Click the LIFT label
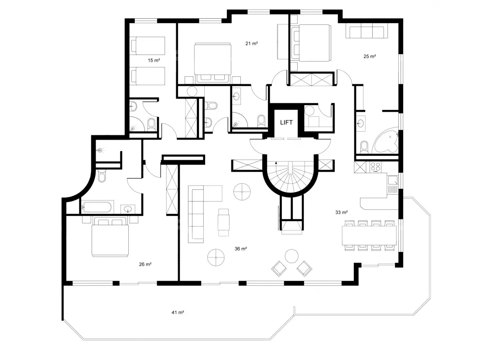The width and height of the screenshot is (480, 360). (x=286, y=123)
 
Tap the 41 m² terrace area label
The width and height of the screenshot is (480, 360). (x=178, y=312)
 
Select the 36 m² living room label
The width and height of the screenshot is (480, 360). (x=240, y=249)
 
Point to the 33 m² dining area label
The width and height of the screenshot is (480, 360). (x=341, y=212)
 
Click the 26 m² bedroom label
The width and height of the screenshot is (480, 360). (x=145, y=264)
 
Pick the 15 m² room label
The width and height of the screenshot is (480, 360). (x=154, y=60)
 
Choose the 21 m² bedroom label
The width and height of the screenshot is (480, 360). (x=251, y=44)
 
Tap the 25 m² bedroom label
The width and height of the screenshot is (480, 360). (x=370, y=56)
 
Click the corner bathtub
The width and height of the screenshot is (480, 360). (x=385, y=141)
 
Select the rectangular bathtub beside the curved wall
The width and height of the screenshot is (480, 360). (x=98, y=207)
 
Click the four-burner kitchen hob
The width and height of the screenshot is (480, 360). (x=376, y=167)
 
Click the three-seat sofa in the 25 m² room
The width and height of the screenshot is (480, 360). (x=367, y=32)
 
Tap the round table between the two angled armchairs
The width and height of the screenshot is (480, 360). (x=291, y=256)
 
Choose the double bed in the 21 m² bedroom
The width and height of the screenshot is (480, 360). (x=213, y=63)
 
